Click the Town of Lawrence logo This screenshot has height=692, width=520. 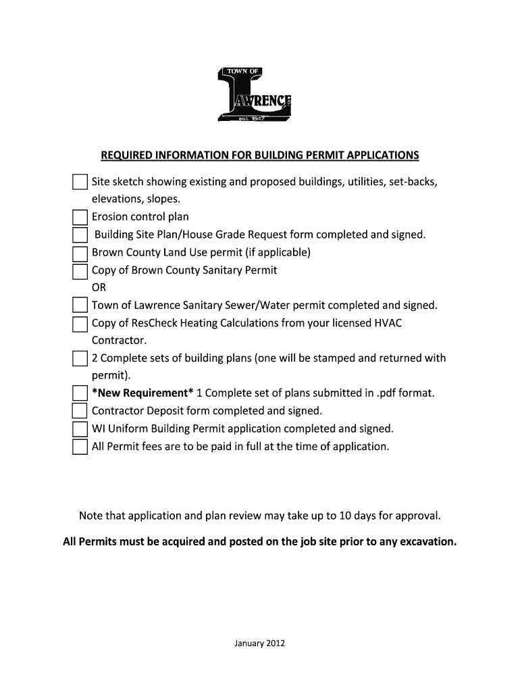click(x=254, y=95)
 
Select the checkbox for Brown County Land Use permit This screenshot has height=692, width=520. click(x=80, y=253)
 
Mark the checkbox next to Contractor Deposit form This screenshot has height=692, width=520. click(x=80, y=412)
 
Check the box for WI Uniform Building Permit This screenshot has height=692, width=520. click(x=80, y=429)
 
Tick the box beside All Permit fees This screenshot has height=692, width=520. click(x=80, y=447)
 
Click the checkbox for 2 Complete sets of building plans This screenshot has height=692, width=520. click(x=80, y=358)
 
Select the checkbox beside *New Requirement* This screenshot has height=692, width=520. click(x=80, y=394)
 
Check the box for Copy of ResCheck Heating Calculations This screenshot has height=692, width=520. click(x=80, y=324)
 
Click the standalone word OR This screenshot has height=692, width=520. click(x=99, y=288)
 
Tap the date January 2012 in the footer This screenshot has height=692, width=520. click(x=260, y=643)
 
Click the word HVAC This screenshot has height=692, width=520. click(x=388, y=323)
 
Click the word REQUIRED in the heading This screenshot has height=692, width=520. click(x=127, y=156)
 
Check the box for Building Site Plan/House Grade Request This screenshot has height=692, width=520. click(x=80, y=235)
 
